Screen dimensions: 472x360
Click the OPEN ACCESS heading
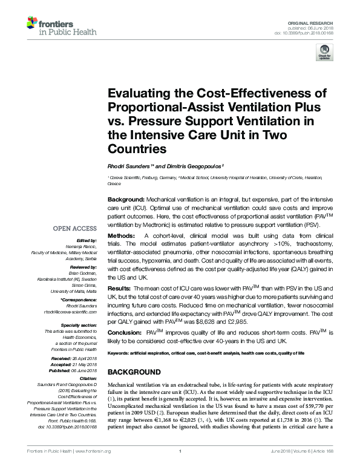(75, 228)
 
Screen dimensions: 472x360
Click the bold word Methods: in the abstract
(122, 234)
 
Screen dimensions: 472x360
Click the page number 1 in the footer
(180, 467)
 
